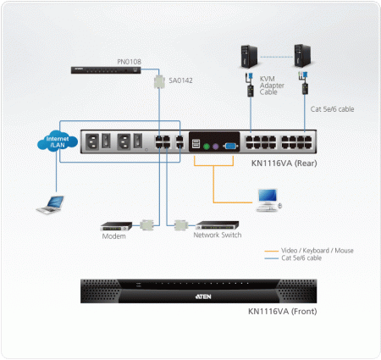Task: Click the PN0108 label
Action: [130, 62]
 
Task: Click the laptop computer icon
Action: [49, 204]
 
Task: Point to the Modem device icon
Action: [117, 225]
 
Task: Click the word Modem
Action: [113, 236]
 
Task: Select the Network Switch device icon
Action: [218, 226]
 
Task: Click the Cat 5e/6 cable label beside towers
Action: [331, 109]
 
